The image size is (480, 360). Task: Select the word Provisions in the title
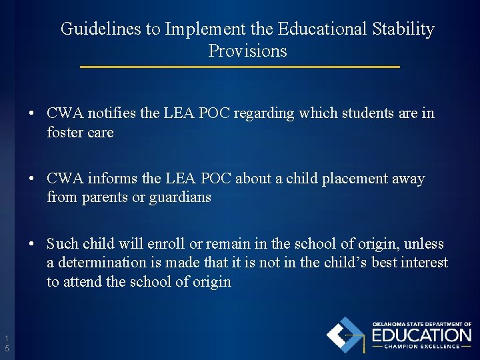[247, 51]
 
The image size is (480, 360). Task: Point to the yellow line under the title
[240, 67]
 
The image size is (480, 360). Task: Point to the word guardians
[180, 198]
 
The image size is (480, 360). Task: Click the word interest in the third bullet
[424, 263]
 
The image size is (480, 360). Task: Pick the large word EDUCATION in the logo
[421, 335]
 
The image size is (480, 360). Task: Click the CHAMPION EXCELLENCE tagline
[421, 346]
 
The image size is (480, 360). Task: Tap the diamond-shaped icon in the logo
[345, 335]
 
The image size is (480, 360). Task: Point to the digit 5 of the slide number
[7, 349]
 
